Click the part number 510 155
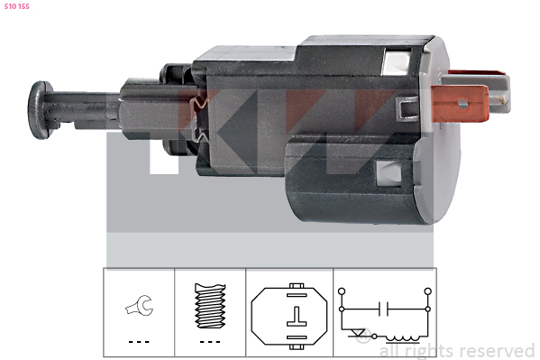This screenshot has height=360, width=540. point(17,6)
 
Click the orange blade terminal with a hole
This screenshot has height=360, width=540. point(460,104)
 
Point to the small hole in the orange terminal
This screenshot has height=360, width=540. point(463,104)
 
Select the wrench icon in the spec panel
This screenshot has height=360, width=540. point(140,304)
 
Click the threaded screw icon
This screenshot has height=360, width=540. point(210,306)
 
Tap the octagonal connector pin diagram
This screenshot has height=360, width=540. point(289,316)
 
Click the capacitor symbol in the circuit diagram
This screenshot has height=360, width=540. point(383,309)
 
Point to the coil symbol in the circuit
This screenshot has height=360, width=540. point(403,338)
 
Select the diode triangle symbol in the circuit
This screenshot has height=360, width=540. point(356,333)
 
